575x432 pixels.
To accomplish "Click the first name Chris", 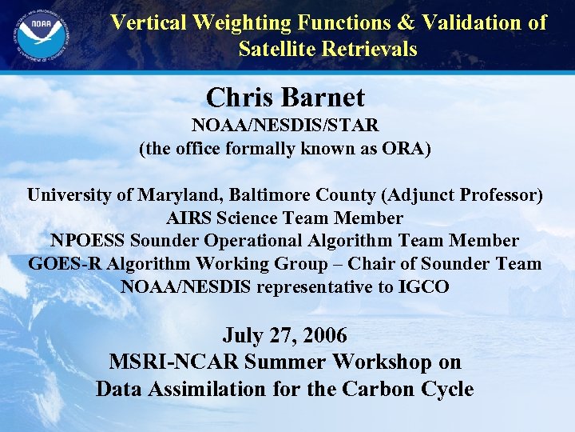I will [x=236, y=98].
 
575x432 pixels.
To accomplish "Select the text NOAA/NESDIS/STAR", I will [x=284, y=126].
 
